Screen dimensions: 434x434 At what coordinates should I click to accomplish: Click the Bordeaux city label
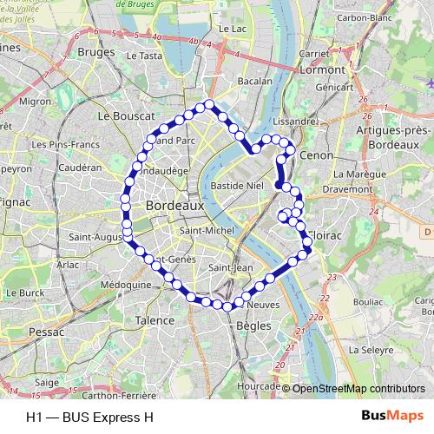(x=175, y=207)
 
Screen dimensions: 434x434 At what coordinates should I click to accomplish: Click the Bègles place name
(x=253, y=325)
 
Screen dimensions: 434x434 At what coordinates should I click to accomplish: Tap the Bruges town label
(x=95, y=51)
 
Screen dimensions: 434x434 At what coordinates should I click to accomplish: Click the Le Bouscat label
(x=127, y=115)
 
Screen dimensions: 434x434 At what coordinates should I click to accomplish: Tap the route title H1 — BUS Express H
(x=84, y=416)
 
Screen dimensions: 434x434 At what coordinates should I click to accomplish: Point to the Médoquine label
(x=126, y=284)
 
